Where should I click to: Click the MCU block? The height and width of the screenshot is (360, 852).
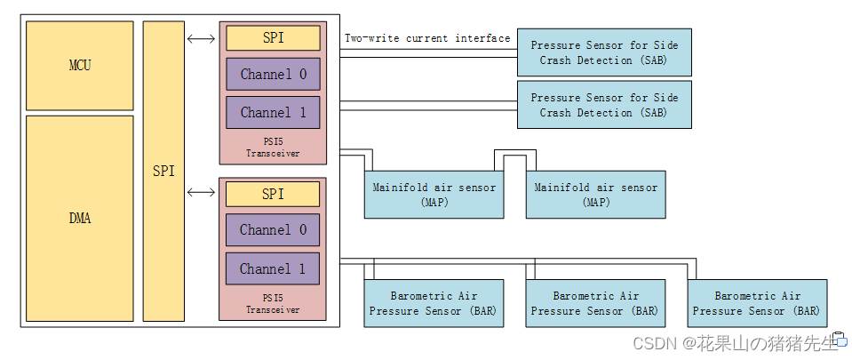point(80,65)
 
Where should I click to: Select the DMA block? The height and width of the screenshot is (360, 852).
point(80,217)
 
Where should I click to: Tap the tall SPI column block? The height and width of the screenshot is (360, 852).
point(163,171)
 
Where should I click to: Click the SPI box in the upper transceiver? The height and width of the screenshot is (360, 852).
point(273,38)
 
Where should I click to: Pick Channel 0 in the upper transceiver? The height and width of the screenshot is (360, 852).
point(273,74)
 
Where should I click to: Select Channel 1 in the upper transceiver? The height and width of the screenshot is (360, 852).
point(273,113)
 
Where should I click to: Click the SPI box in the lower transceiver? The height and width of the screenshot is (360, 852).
point(273,194)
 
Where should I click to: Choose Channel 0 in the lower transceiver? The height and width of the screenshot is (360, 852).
point(273,229)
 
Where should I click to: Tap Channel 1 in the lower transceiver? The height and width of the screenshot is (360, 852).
point(273,268)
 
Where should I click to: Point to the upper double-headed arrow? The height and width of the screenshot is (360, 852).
point(201,38)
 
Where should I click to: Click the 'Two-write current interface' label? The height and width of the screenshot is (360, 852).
point(427,38)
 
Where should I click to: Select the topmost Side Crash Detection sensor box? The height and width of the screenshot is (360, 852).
point(603,52)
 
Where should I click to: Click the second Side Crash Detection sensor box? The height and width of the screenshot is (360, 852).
point(603,105)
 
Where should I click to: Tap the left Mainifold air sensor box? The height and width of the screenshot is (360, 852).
point(434,194)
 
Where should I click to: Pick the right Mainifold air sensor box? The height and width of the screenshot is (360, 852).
point(595,194)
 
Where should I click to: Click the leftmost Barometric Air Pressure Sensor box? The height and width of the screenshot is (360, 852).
point(434,303)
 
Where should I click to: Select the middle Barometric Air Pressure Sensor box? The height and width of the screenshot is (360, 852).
point(595,303)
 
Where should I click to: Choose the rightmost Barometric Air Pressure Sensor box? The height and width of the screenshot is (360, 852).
point(757,303)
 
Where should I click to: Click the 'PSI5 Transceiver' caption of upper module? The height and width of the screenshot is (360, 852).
point(273,148)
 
